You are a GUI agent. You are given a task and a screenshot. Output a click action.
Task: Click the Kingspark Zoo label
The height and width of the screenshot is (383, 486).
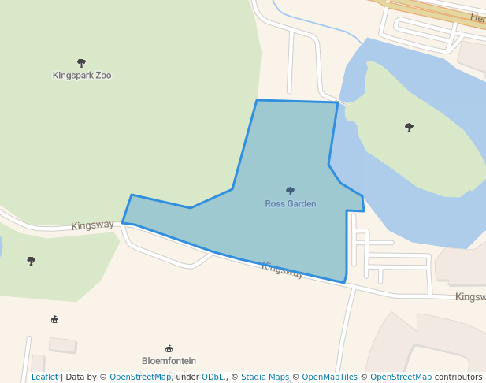(x=82, y=76)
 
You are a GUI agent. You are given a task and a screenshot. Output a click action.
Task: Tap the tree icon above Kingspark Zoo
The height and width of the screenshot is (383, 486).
(x=81, y=62)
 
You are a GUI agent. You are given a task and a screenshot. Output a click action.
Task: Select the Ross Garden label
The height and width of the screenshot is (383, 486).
(x=290, y=203)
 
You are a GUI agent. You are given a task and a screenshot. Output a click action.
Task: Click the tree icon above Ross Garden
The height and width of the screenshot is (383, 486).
(x=290, y=191)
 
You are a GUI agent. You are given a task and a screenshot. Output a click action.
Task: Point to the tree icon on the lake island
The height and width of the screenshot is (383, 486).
(x=409, y=126)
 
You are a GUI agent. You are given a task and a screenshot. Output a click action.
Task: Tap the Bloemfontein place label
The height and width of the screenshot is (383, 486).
(x=169, y=361)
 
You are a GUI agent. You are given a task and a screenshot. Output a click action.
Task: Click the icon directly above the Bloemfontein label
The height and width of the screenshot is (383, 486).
(x=169, y=348)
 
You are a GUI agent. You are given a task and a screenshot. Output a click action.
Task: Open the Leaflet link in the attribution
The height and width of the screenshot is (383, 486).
(x=44, y=377)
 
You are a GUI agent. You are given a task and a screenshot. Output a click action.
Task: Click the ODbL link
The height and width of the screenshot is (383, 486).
(x=213, y=377)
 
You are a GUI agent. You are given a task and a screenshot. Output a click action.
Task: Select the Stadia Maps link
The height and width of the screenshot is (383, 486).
(x=265, y=377)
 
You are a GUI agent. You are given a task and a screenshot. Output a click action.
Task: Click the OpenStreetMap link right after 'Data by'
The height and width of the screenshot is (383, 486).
(x=140, y=377)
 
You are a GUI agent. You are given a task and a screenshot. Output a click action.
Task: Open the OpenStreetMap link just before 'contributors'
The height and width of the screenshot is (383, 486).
(x=401, y=377)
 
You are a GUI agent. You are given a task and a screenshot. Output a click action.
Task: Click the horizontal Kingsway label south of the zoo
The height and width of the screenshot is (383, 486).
(x=92, y=225)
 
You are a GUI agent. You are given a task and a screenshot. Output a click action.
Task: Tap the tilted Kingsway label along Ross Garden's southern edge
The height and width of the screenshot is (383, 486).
(x=282, y=270)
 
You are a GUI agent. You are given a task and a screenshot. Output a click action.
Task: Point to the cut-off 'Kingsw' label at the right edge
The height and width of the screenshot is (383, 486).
(x=470, y=297)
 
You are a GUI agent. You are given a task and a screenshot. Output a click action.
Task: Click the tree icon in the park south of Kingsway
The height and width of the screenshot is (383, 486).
(x=32, y=260)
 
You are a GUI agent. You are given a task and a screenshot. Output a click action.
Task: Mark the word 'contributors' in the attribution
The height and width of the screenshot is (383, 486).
(x=458, y=377)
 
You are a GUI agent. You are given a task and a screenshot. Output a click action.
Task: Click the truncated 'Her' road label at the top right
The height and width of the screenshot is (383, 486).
(x=477, y=18)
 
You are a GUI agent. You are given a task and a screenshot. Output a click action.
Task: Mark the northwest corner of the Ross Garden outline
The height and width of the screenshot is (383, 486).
(x=257, y=100)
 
